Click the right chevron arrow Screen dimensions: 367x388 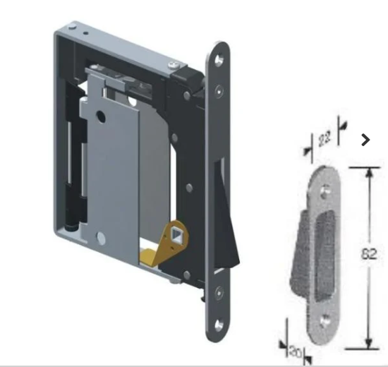coord(365,140)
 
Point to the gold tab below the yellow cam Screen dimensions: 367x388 coord(150,251)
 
